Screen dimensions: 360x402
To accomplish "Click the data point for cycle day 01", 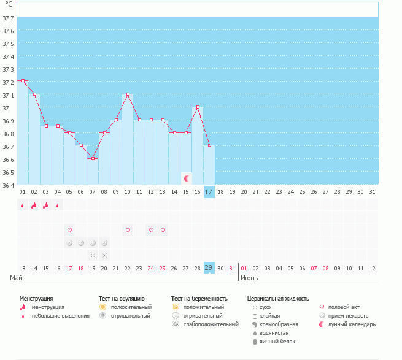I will (x=23, y=80).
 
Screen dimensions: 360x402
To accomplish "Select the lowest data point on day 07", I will (x=93, y=158).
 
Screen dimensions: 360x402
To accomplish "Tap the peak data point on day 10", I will (x=128, y=94).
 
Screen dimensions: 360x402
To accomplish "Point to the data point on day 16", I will (x=198, y=107).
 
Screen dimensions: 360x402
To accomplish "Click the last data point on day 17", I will (x=209, y=145).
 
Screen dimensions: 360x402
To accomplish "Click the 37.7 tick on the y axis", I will (x=9, y=18).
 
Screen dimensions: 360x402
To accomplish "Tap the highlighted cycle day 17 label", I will (x=209, y=192).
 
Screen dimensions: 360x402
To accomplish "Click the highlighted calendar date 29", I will (x=209, y=269).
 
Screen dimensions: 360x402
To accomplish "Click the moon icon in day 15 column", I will (x=186, y=178).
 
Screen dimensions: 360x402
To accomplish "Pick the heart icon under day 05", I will (x=69, y=230).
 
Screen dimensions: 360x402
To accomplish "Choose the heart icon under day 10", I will (x=128, y=230).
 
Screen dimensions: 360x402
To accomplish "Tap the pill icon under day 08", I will (x=104, y=243).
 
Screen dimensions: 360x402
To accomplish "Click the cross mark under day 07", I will (x=93, y=255).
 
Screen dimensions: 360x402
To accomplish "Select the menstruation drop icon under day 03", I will (x=45, y=205).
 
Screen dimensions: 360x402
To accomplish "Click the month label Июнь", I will (x=249, y=278).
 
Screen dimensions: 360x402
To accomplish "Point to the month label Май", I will (x=17, y=278).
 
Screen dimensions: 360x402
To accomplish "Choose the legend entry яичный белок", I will (x=278, y=342).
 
